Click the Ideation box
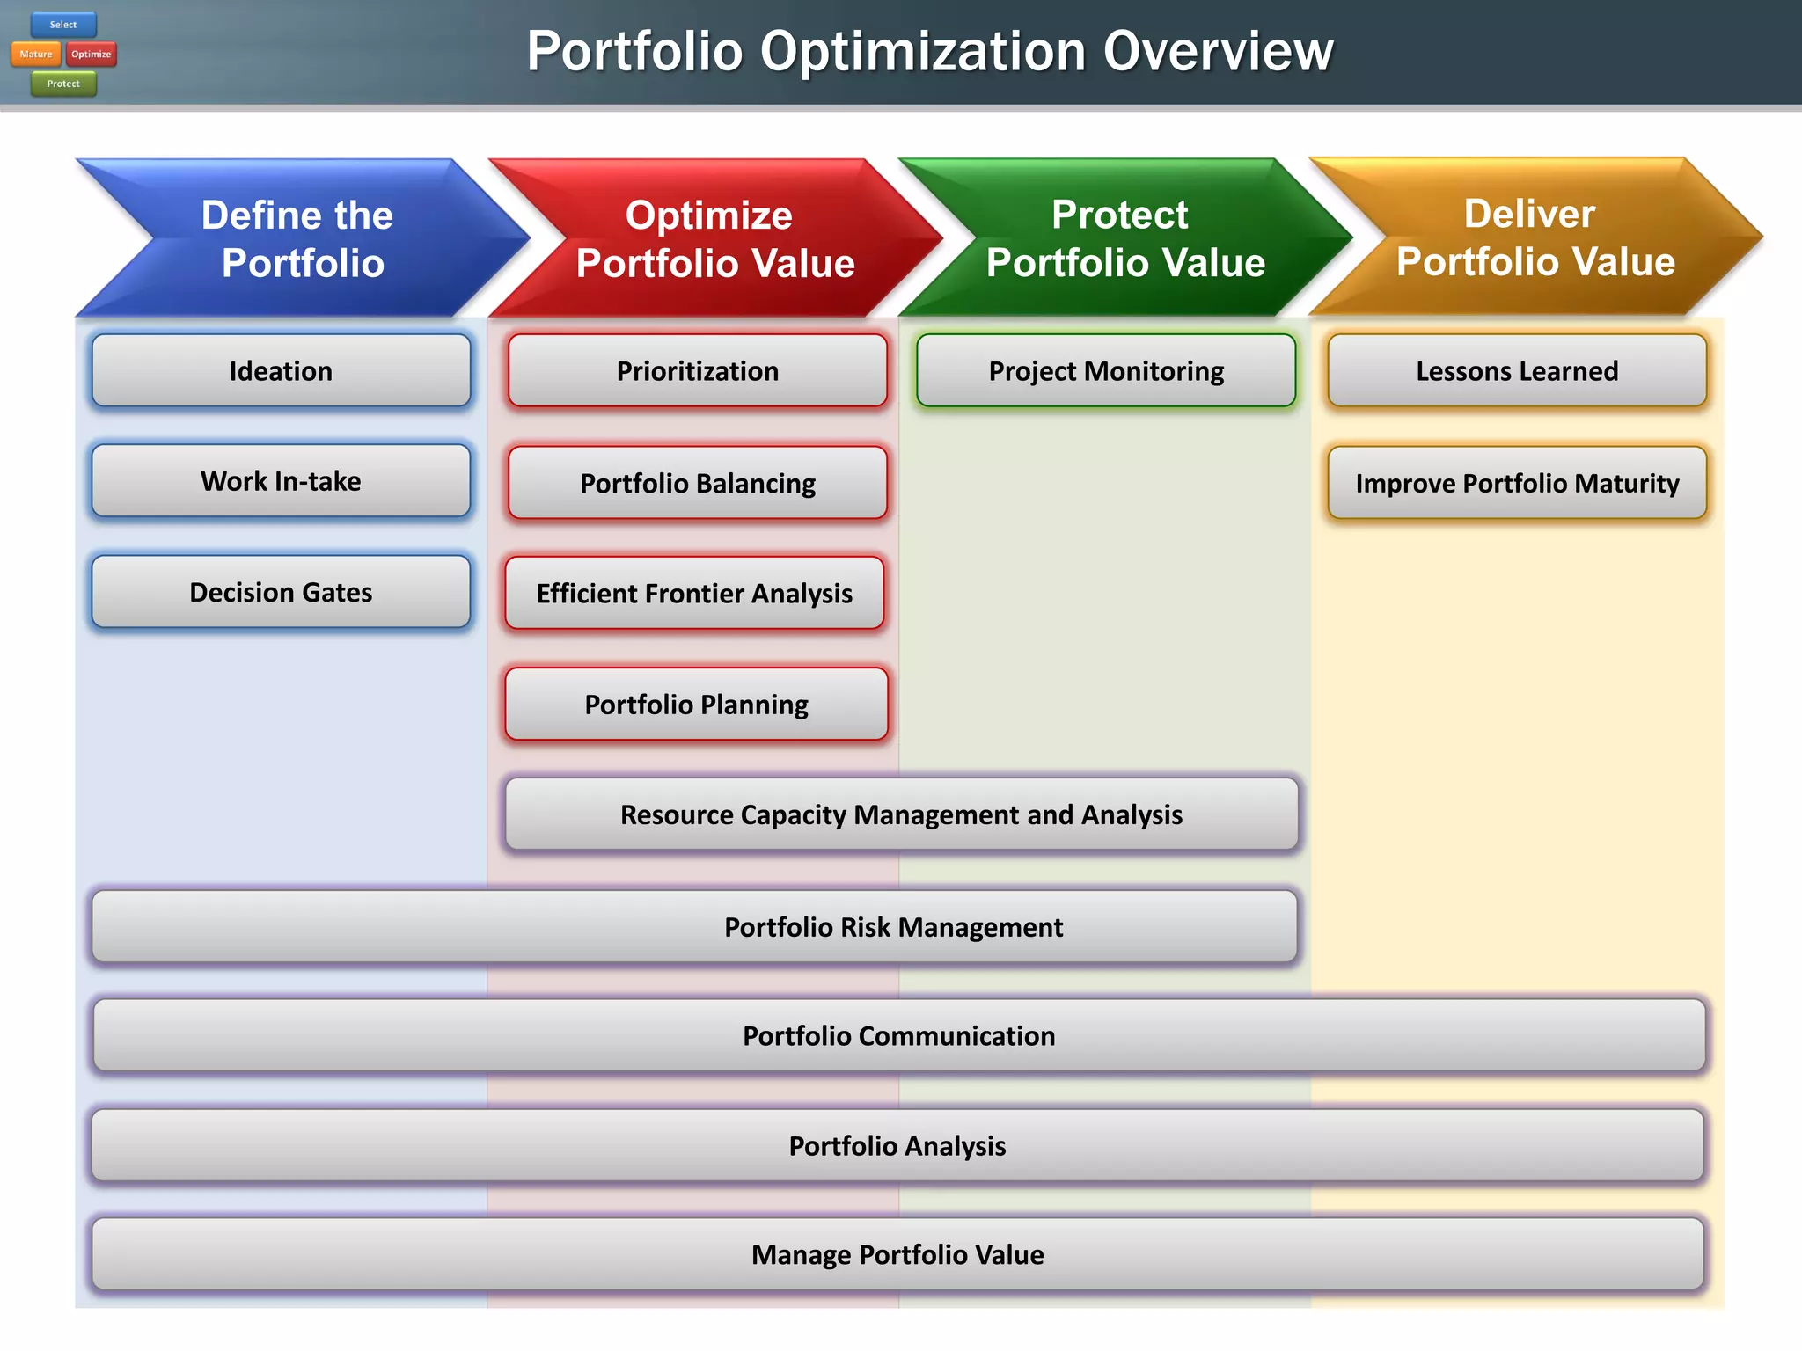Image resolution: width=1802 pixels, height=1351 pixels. pos(281,371)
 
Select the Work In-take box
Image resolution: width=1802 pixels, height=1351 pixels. pos(281,481)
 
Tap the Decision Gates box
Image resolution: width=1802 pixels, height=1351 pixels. pos(281,592)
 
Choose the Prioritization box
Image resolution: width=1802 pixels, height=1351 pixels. pos(697,371)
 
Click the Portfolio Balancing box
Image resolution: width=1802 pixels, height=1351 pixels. pos(697,483)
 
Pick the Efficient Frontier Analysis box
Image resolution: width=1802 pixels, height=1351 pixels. pos(694,594)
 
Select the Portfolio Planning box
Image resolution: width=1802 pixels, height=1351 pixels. pos(696,705)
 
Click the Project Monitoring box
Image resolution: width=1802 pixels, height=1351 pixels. pos(1106,371)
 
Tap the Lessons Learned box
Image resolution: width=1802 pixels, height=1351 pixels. pos(1517,371)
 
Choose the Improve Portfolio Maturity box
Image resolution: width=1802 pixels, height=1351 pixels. pos(1517,483)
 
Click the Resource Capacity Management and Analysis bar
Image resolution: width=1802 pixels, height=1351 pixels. pos(901,814)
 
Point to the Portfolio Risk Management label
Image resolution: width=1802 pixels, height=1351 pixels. pos(893,927)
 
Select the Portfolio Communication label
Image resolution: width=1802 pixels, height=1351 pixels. pos(898,1036)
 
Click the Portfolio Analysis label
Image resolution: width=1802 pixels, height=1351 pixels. pos(897,1146)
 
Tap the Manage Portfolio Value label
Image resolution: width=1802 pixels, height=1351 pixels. pos(897,1254)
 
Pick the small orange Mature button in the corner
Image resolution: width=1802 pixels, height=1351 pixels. pos(36,55)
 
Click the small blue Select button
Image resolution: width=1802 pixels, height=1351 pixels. pos(63,25)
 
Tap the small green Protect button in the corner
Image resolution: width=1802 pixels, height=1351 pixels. pos(63,84)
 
